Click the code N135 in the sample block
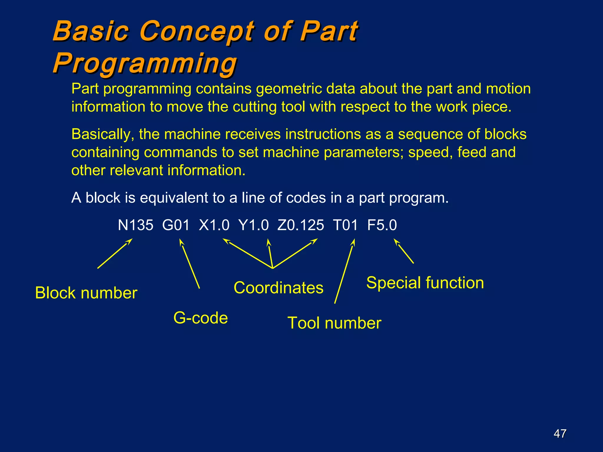pos(135,225)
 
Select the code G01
pos(176,225)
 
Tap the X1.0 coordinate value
pos(214,225)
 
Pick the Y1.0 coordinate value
pos(254,225)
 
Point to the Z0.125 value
pos(300,225)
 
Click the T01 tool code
pos(345,225)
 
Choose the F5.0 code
pos(382,225)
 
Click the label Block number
pos(86,293)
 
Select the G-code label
pos(201,318)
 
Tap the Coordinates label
pos(278,288)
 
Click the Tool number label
pos(334,323)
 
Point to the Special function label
pos(425,283)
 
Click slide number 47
pos(560,433)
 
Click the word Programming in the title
pos(145,63)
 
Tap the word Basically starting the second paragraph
pos(103,134)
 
